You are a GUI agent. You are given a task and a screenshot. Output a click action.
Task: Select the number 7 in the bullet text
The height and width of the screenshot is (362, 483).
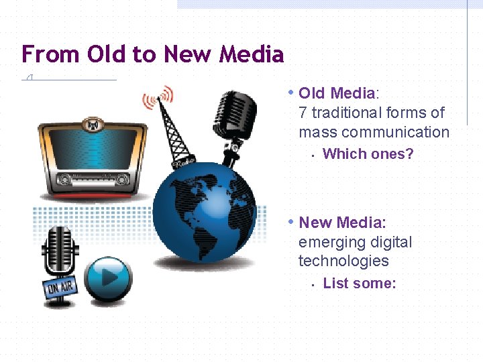[303, 113]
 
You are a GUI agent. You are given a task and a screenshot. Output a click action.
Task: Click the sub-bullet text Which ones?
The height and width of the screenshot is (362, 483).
[368, 154]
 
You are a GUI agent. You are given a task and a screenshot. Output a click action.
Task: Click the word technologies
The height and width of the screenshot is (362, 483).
[343, 261]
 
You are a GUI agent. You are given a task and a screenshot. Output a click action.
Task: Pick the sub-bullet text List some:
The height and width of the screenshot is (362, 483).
[359, 284]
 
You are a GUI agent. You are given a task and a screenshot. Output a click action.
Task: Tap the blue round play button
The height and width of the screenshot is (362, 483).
[107, 278]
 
